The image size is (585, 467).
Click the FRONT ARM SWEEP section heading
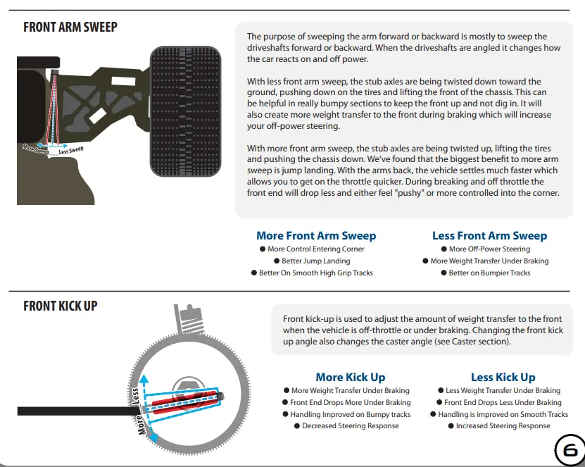[70, 27]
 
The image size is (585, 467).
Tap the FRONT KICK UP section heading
[60, 306]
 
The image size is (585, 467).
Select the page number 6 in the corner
[570, 451]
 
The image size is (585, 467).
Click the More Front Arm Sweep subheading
[316, 235]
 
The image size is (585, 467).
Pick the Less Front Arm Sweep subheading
[489, 235]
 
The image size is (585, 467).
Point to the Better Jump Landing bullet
[312, 261]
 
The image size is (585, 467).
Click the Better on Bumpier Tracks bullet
[485, 273]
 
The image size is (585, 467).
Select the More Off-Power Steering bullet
[485, 249]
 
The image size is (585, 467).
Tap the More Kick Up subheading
[351, 377]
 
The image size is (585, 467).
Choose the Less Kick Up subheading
[503, 377]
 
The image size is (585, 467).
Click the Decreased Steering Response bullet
[346, 426]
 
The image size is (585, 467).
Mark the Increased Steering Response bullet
[499, 426]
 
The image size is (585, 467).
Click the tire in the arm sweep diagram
[185, 111]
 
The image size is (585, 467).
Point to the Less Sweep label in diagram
[71, 150]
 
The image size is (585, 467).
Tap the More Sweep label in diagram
[35, 149]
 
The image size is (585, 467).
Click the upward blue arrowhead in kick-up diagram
[144, 380]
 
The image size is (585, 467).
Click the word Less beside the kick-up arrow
[135, 396]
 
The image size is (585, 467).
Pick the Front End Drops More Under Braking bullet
[346, 402]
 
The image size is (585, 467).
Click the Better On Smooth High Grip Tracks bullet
[312, 273]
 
